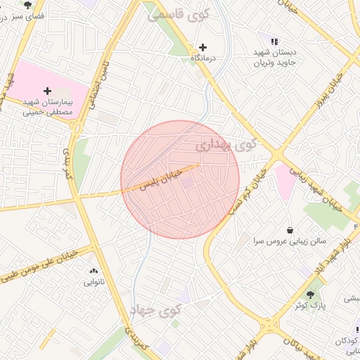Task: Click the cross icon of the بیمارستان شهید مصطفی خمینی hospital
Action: pyautogui.click(x=47, y=91)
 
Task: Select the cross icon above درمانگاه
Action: pyautogui.click(x=204, y=46)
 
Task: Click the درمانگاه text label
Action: pyautogui.click(x=203, y=58)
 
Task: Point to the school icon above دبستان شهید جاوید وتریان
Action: pyautogui.click(x=274, y=42)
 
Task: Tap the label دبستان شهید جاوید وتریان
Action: pyautogui.click(x=280, y=58)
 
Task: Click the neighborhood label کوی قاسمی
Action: pyautogui.click(x=177, y=15)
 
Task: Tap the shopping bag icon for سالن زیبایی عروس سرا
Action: pyautogui.click(x=290, y=230)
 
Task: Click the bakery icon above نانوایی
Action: pyautogui.click(x=94, y=271)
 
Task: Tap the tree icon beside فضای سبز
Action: pyautogui.click(x=27, y=5)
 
